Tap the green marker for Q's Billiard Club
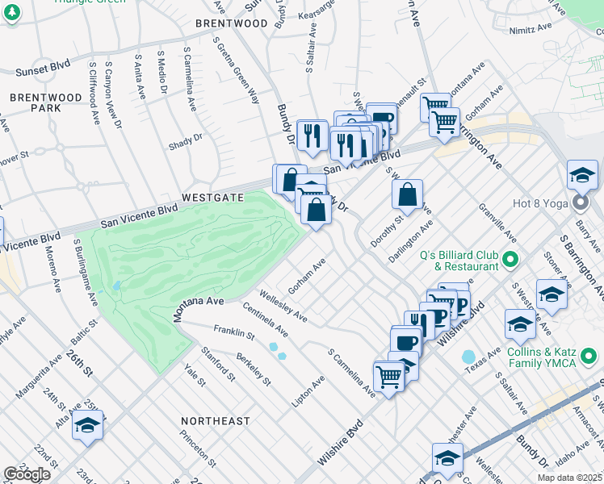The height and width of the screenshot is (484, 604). click(510, 260)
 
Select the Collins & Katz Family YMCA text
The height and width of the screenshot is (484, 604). click(552, 357)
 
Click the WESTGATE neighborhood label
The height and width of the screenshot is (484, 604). click(212, 197)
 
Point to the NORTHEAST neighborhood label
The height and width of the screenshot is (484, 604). click(216, 421)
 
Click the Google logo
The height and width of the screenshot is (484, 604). click(27, 474)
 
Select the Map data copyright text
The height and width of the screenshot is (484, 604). click(569, 478)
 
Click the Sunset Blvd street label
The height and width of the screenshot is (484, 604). click(44, 71)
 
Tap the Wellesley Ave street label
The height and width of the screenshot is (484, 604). click(283, 305)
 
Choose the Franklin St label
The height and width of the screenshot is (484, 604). click(234, 331)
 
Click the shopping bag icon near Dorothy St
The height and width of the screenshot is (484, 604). click(408, 194)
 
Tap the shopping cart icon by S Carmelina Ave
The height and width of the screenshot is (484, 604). click(389, 375)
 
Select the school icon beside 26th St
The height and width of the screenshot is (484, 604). click(86, 427)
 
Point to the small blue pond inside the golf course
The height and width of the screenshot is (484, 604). click(119, 285)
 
